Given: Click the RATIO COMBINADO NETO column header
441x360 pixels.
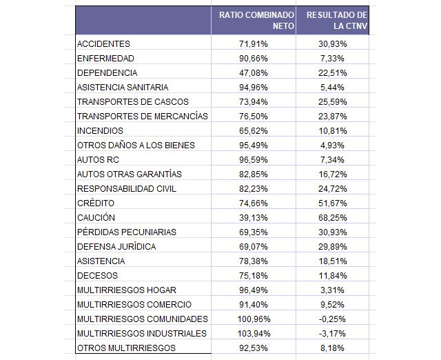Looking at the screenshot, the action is click(x=256, y=20).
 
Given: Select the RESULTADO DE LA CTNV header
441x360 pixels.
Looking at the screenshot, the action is click(x=337, y=20).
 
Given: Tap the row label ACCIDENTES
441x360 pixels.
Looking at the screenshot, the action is click(x=103, y=44).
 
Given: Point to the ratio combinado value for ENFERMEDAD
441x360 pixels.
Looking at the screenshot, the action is click(x=254, y=59).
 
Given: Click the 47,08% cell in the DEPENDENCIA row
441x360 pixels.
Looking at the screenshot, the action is click(x=254, y=73).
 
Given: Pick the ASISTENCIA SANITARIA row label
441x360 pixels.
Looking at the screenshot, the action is click(x=123, y=88).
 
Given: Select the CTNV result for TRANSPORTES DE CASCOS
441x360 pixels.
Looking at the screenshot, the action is click(x=332, y=102).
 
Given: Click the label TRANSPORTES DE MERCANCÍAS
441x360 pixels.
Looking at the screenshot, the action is click(x=143, y=117).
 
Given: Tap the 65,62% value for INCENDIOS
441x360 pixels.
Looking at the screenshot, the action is click(x=254, y=131).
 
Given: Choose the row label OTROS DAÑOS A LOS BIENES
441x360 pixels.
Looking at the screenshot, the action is click(x=136, y=146).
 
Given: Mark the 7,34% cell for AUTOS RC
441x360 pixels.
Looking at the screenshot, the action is click(x=332, y=160).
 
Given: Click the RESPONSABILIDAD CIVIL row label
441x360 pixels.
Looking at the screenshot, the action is click(x=127, y=188).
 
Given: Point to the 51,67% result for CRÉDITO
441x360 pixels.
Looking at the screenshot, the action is click(x=332, y=203).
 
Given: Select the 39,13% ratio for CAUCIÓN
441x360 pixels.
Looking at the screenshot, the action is click(x=254, y=218).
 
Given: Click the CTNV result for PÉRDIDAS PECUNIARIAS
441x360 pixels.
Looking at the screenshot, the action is click(x=332, y=232).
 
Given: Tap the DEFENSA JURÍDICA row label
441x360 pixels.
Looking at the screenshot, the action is click(x=116, y=247).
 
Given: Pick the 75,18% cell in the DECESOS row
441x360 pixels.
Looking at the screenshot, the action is click(x=254, y=276).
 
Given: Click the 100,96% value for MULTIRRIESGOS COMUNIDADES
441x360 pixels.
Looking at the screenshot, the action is click(x=254, y=319).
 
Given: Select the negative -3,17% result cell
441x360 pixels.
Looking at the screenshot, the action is click(x=332, y=334).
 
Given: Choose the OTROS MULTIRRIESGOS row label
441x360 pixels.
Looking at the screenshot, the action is click(x=126, y=348).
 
